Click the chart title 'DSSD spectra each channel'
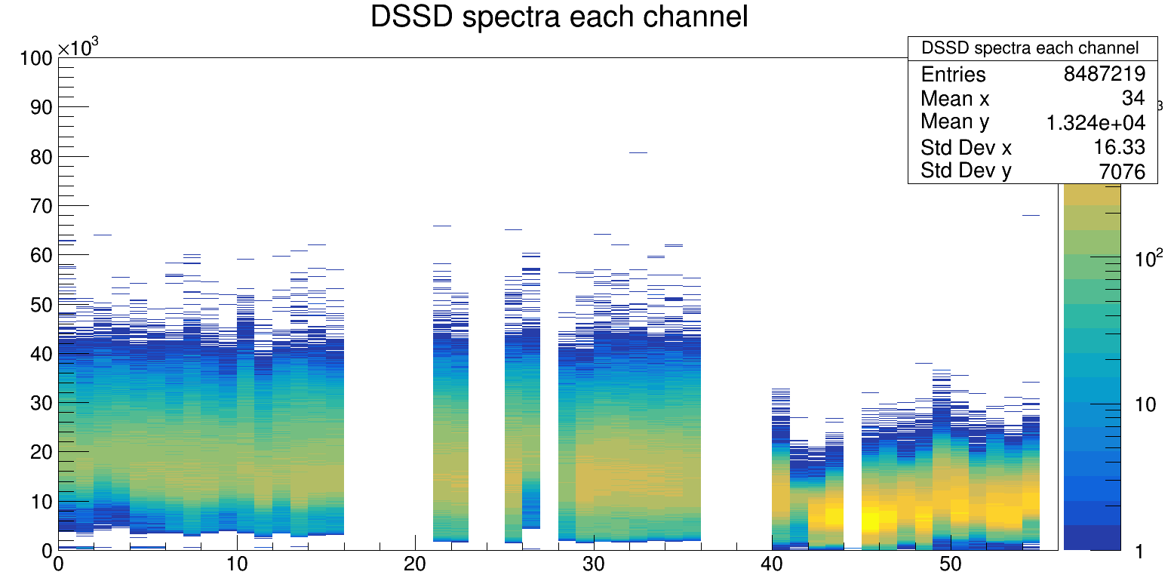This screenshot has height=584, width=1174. [559, 17]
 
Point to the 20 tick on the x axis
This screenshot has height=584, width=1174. [415, 564]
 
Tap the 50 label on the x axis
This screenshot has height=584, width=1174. [950, 564]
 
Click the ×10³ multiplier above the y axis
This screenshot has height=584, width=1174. [78, 48]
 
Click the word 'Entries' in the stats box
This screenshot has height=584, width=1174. [953, 74]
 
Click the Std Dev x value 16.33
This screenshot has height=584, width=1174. [1120, 146]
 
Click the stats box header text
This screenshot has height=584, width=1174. [1030, 48]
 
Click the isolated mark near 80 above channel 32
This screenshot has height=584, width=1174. [638, 152]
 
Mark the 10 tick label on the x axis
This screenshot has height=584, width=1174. [237, 564]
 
